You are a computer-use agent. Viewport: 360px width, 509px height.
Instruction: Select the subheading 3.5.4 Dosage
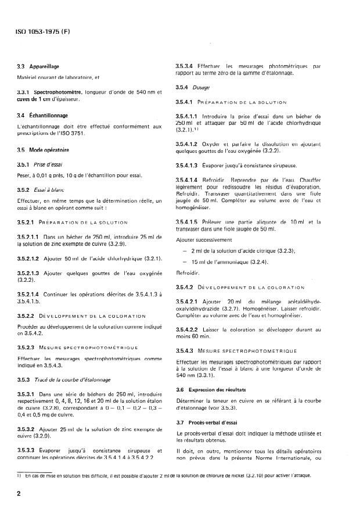coord(193,87)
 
